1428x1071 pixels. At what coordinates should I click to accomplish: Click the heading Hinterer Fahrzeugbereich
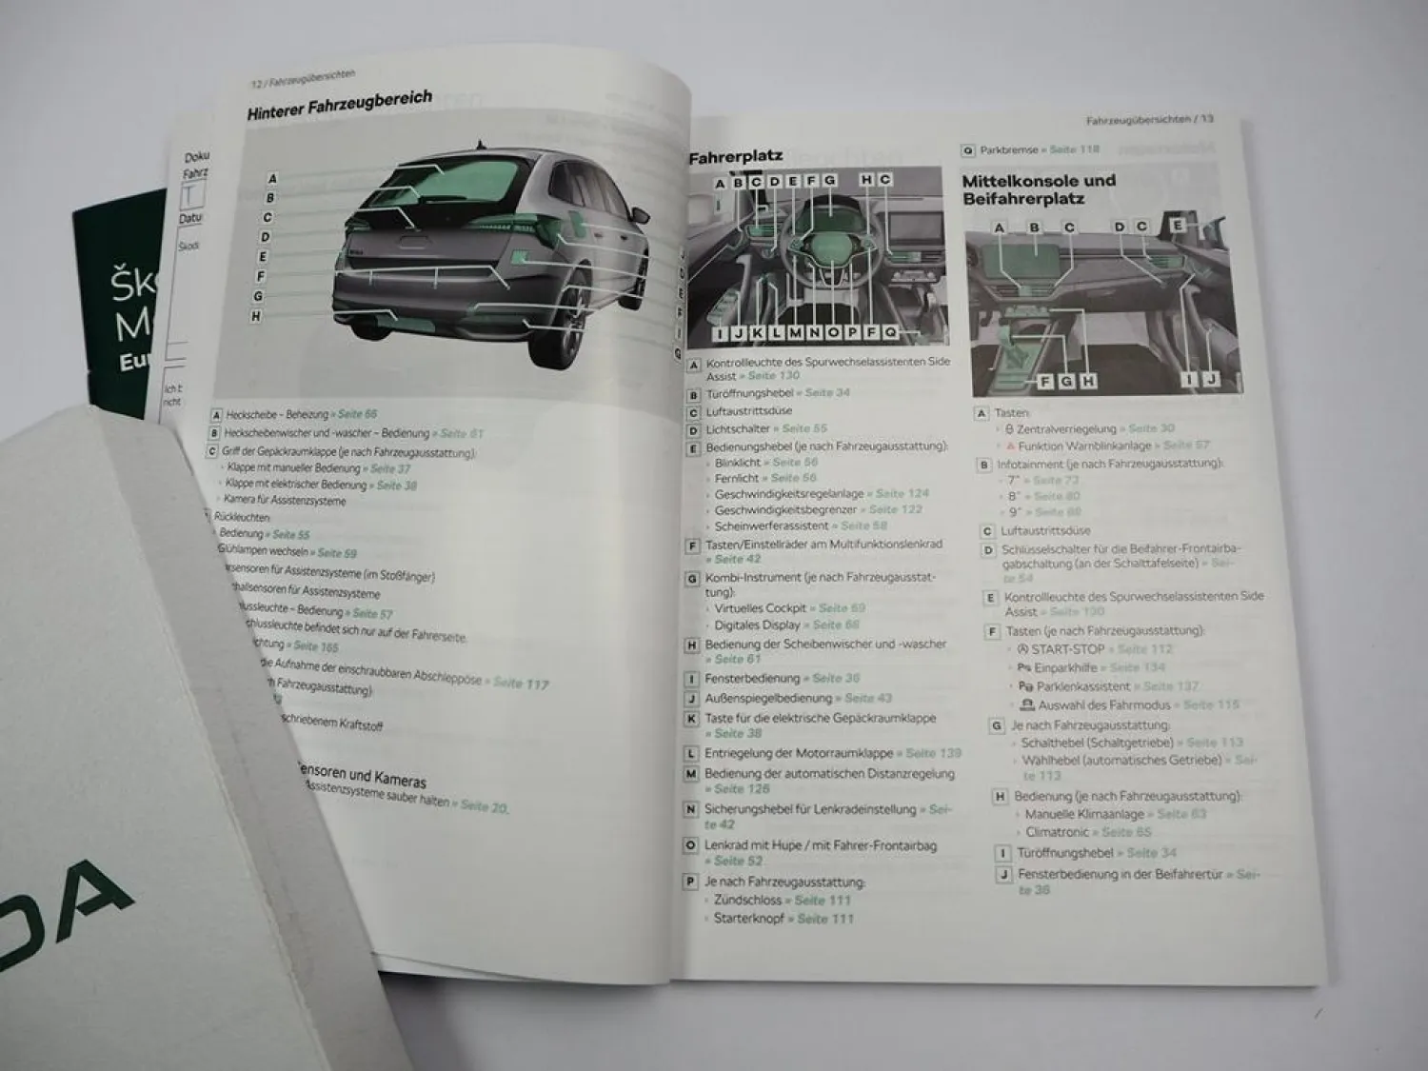coord(339,105)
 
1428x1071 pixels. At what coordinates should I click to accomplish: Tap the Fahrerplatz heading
coord(735,157)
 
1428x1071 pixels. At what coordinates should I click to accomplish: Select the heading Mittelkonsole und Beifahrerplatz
coord(1038,189)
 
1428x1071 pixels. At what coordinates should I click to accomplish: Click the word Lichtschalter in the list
coord(738,428)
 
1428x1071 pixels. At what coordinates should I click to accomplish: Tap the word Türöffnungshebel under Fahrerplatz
coord(750,392)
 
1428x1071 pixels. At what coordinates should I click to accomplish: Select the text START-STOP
coord(1068,649)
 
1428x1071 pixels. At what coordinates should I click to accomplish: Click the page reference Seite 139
coord(933,753)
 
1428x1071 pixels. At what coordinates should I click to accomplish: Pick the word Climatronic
coord(1057,832)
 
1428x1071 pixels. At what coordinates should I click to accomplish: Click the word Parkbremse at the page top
coord(1008,149)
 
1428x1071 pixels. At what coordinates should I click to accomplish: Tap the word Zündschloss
coord(747,900)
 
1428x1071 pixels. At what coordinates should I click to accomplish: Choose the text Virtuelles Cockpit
coord(760,608)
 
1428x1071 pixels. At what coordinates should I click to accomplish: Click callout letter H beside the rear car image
coord(255,316)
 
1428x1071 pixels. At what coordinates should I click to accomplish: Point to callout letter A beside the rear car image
coord(272,178)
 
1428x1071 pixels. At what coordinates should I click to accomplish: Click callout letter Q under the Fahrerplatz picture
coord(889,332)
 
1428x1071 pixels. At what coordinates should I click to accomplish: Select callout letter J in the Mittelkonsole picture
coord(1210,380)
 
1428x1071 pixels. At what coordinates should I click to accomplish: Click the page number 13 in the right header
coord(1206,120)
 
